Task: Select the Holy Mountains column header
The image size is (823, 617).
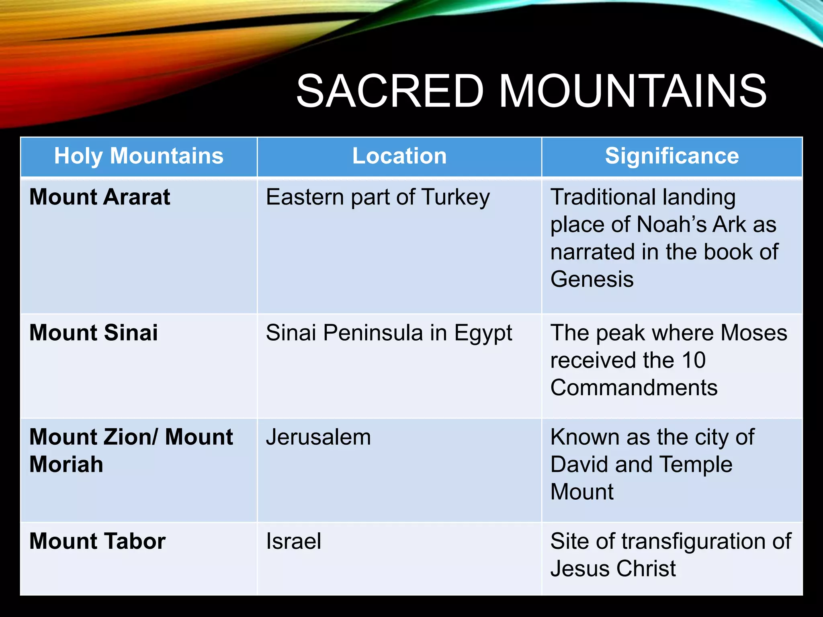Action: tap(139, 156)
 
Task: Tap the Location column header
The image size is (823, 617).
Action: tap(399, 156)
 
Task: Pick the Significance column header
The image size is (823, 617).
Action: tap(672, 156)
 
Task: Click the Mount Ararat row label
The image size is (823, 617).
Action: tap(100, 197)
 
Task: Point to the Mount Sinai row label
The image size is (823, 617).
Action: tap(94, 333)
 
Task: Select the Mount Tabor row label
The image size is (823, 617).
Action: tap(97, 541)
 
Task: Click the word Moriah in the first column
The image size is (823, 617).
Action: tap(66, 464)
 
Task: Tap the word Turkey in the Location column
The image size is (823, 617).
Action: tap(456, 198)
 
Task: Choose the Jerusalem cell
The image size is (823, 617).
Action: tap(318, 437)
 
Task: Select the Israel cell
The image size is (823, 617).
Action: tap(293, 541)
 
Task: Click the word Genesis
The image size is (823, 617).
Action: tap(592, 279)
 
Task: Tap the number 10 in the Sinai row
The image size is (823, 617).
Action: tap(693, 360)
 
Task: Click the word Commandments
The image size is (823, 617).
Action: tap(634, 388)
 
